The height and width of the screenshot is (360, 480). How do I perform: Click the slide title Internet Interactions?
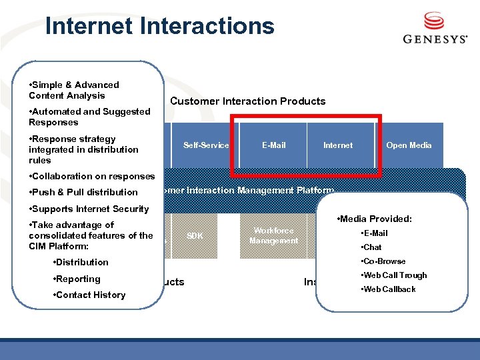click(159, 26)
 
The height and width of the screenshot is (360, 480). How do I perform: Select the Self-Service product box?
click(206, 145)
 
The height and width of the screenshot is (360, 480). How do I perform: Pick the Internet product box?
click(338, 145)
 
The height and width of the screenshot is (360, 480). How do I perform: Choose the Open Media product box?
click(409, 145)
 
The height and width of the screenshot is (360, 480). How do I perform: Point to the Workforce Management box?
click(273, 235)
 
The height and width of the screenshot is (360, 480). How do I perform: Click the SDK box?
click(195, 236)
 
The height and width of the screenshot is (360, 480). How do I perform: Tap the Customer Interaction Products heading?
click(248, 101)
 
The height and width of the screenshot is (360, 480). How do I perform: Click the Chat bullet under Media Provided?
click(371, 247)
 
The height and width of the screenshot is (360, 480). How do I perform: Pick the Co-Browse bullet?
click(383, 261)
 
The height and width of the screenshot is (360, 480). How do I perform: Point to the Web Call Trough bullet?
click(393, 275)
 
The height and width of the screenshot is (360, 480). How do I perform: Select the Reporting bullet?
click(77, 279)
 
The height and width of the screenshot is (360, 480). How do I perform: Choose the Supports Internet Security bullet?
click(89, 209)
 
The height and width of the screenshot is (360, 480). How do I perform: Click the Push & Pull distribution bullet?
click(83, 192)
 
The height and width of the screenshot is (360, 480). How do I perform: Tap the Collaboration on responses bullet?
click(91, 176)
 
